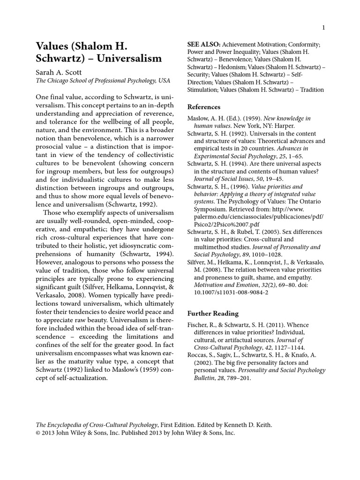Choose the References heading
(204, 107)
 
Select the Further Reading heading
(213, 314)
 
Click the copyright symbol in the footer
(39, 433)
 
